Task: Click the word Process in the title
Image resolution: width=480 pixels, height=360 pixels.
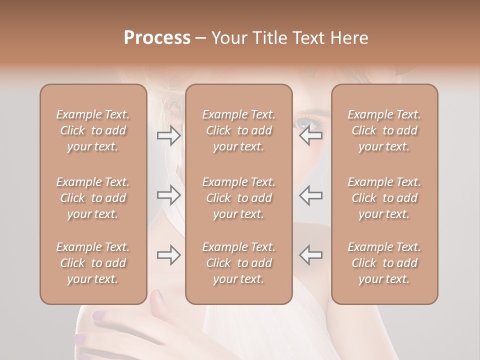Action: tap(157, 38)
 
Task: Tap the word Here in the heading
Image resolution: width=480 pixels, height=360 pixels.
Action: tap(349, 38)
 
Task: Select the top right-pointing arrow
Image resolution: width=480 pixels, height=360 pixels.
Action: tap(169, 135)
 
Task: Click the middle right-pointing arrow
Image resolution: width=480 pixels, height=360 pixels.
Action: tap(169, 195)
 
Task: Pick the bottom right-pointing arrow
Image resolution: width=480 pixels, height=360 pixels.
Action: tap(169, 255)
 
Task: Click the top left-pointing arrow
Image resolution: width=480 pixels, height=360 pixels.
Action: tap(310, 135)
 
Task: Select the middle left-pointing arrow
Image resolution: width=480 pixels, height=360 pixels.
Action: tap(310, 195)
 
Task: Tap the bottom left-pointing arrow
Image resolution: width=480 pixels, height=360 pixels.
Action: tap(310, 255)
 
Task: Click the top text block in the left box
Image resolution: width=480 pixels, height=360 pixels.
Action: tap(93, 130)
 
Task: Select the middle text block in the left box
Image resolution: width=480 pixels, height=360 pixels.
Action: tap(93, 198)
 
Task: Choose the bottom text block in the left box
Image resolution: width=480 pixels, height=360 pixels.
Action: tap(93, 263)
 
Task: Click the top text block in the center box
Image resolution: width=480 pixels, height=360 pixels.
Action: tap(238, 130)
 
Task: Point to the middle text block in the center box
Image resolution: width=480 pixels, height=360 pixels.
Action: tap(238, 198)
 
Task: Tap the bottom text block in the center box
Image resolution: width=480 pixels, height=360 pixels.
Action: tap(238, 263)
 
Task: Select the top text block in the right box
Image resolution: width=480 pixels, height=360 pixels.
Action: tap(384, 130)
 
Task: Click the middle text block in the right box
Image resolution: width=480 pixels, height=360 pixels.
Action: tap(384, 198)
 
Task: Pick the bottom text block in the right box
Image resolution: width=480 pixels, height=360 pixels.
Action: tap(384, 263)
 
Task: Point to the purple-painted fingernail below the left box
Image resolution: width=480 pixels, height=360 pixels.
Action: tap(99, 315)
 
